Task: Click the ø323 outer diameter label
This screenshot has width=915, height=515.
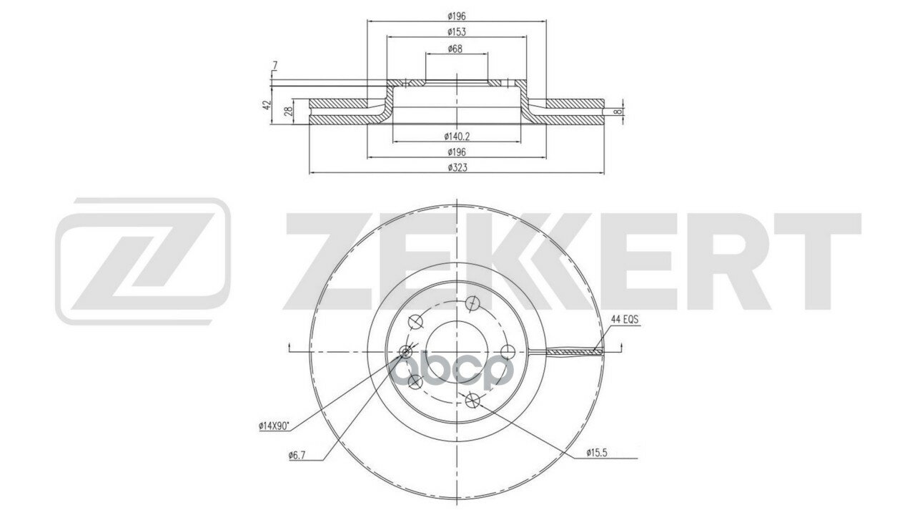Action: coord(457,167)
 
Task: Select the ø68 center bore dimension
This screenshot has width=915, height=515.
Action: coord(455,49)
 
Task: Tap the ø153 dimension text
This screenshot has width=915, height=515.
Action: coord(457,32)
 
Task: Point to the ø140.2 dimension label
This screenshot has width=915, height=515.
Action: coord(457,137)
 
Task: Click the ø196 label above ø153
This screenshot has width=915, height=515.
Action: coord(457,16)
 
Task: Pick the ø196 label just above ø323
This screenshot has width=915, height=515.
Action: coord(457,152)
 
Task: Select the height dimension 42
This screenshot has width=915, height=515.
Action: coord(267,104)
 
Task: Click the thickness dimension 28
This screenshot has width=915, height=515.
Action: coord(288,111)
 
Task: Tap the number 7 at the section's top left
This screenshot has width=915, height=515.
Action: coord(275,65)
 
